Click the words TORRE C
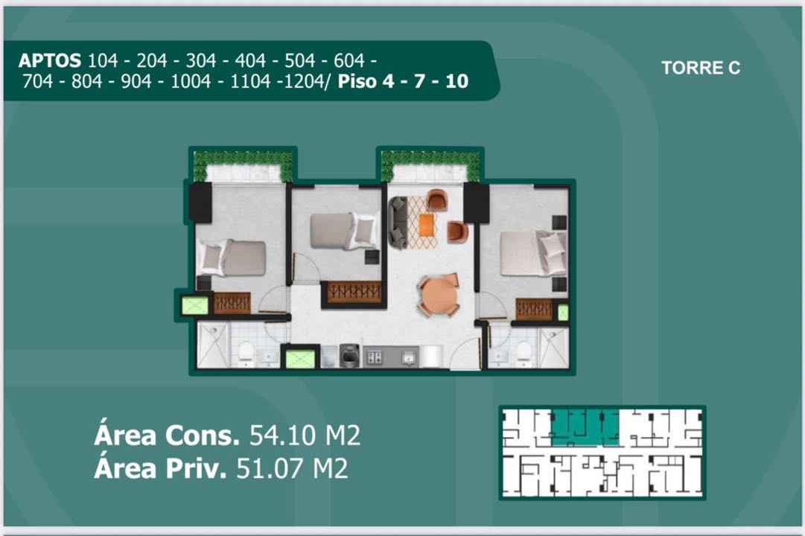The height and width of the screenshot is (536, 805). pos(700,68)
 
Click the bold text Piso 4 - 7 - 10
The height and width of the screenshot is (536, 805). pos(403,81)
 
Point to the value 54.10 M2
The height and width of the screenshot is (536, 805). pos(305,435)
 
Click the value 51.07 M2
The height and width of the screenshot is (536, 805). pos(292,468)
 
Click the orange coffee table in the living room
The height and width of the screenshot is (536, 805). pos(426,225)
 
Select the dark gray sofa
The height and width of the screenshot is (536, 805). pos(398,223)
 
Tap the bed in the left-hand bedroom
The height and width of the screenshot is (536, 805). pos(232,258)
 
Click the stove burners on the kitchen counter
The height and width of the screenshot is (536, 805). pos(375,357)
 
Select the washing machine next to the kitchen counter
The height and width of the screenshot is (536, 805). pos(349,356)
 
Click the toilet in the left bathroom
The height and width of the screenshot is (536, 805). pos(246,353)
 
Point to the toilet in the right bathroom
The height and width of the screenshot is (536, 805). pos(524,353)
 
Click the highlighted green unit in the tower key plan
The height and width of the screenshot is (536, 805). pos(585,427)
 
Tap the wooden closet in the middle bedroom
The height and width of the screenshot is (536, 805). pos(354,292)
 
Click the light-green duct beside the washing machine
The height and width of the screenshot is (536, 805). pos(300,358)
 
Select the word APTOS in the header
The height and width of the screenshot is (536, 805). pos(49,60)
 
